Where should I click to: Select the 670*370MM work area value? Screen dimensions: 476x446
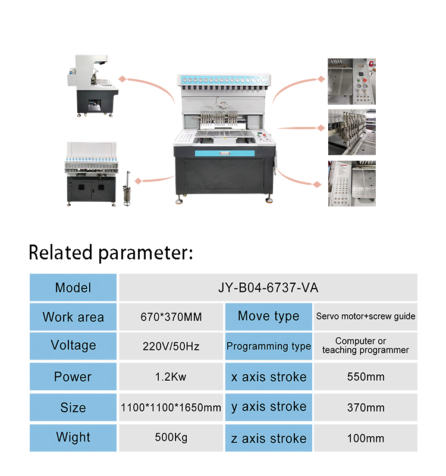tap(171, 317)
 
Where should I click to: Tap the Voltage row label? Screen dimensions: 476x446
tap(73, 346)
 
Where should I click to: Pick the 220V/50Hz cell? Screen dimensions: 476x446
tap(171, 346)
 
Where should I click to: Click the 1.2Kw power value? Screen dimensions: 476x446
tap(171, 377)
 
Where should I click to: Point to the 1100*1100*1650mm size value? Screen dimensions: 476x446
tap(171, 408)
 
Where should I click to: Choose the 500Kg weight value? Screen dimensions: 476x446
tap(171, 438)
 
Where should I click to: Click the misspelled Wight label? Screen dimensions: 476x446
tap(73, 437)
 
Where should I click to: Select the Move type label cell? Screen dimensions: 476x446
tap(268, 316)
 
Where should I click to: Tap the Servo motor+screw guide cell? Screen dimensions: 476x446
tap(366, 316)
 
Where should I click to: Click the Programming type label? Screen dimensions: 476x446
tap(268, 346)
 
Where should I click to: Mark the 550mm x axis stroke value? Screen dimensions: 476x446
tap(366, 377)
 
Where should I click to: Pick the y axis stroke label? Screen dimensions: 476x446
tap(268, 407)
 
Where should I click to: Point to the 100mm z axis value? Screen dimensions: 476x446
tap(366, 439)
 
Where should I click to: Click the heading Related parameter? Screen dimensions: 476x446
tap(111, 252)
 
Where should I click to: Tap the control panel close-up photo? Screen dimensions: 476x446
tap(351, 81)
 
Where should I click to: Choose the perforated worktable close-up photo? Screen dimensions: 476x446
tap(351, 183)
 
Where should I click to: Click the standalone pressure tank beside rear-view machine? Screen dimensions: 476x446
tap(126, 189)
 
